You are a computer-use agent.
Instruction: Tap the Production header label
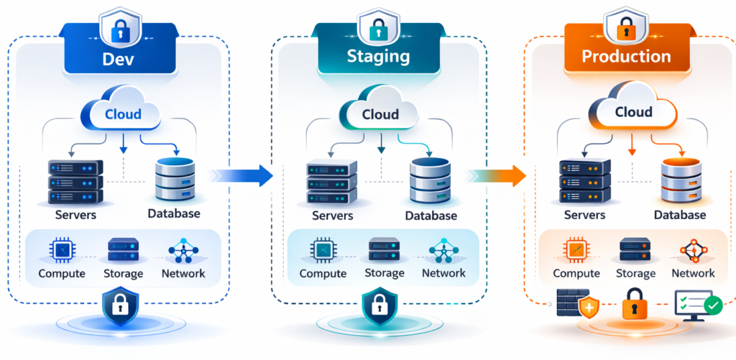(x=625, y=57)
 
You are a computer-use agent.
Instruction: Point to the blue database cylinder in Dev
(x=175, y=180)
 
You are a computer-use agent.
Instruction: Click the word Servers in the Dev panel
(x=75, y=214)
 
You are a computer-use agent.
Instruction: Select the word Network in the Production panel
(x=693, y=273)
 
